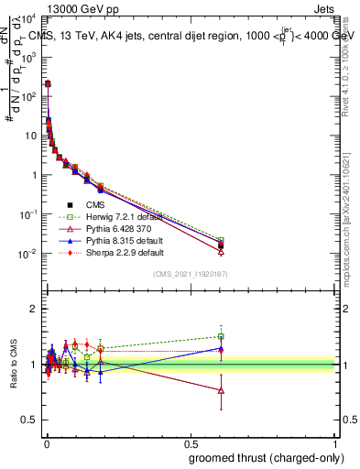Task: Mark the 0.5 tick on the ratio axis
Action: pyautogui.click(x=31, y=420)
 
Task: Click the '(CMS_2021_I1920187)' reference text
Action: pyautogui.click(x=190, y=275)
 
